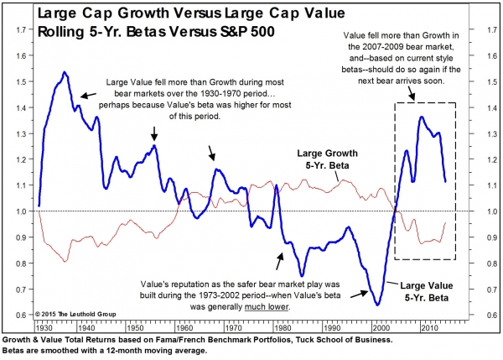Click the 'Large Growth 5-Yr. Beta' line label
coord(329,160)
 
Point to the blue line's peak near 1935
coord(65,73)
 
